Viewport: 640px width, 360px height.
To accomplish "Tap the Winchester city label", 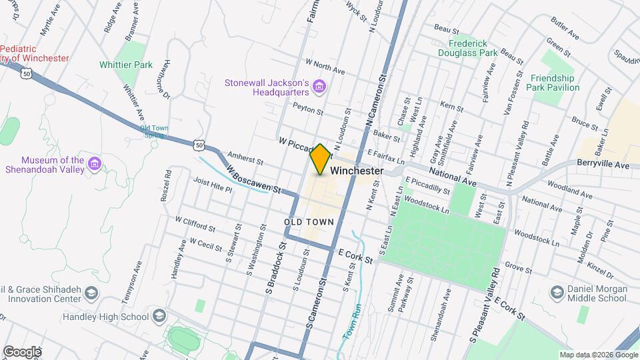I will click(357, 171).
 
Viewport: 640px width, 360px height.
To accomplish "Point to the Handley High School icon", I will click(159, 316).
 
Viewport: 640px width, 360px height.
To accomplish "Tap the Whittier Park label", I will click(125, 65).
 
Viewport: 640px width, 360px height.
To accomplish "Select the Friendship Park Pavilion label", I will click(555, 83).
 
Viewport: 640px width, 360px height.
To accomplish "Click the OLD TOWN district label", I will click(308, 221).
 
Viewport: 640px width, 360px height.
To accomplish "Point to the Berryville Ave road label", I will click(603, 165).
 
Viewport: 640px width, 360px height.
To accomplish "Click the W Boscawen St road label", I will click(253, 179).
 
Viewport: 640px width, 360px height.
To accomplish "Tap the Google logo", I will click(21, 351).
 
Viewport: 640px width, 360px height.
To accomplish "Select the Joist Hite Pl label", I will click(212, 185).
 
